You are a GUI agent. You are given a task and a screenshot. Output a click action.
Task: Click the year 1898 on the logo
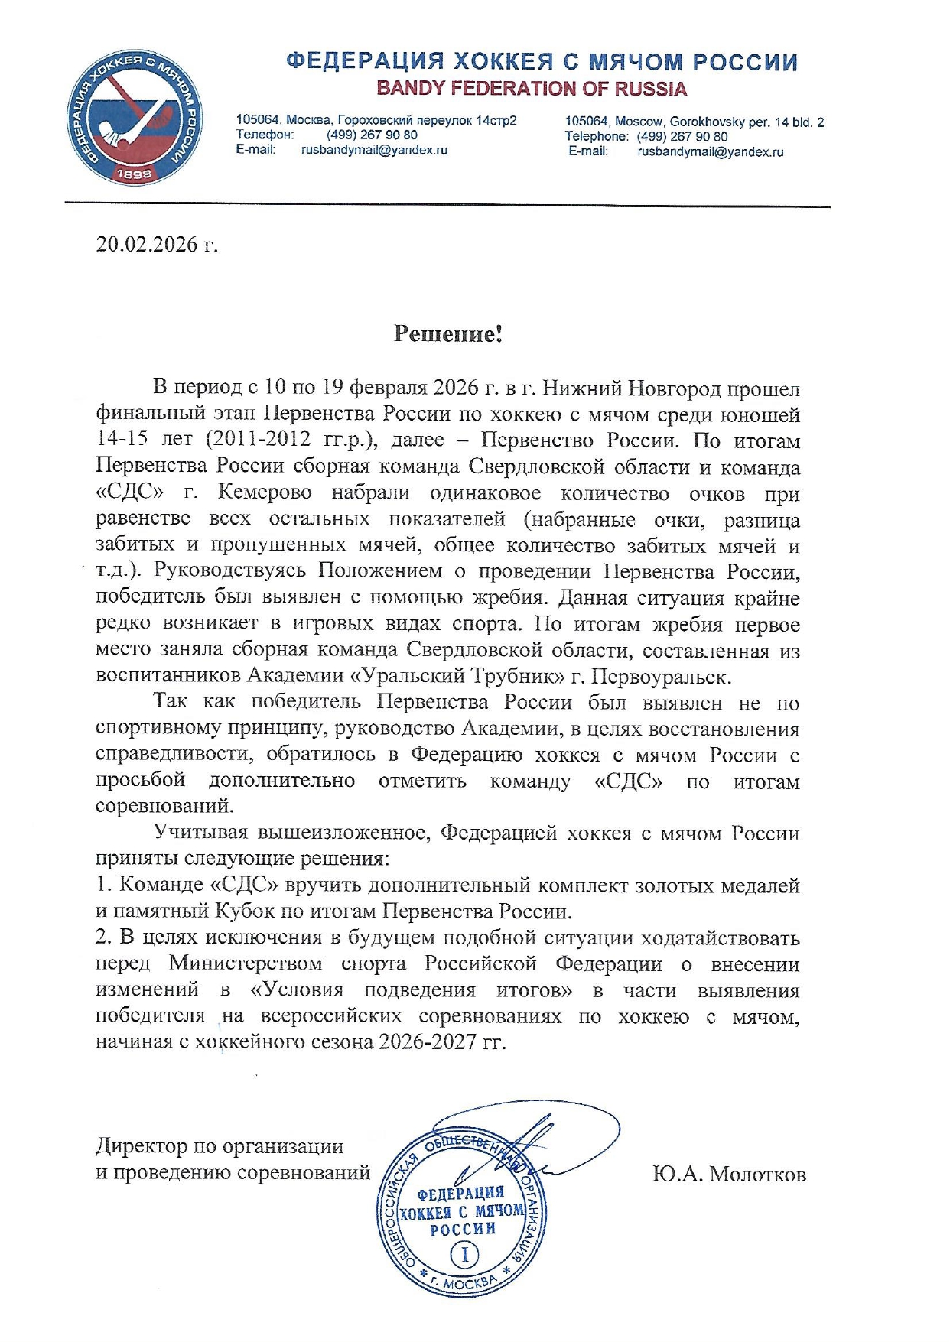coord(134,174)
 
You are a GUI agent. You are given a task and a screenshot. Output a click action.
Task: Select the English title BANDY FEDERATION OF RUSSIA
coord(532,89)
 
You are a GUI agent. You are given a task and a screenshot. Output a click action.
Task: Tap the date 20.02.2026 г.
coord(156,245)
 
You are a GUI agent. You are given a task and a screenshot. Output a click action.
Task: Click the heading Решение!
coord(447,333)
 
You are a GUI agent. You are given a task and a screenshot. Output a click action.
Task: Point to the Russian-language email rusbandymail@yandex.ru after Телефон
coord(374,150)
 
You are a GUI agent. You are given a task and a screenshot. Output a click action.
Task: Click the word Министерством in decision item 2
coord(245,963)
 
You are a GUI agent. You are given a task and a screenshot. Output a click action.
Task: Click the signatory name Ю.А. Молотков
coord(729,1174)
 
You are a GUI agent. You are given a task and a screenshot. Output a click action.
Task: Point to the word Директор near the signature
coord(141,1146)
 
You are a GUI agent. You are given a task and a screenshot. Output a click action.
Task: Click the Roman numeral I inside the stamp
coord(464,1255)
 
